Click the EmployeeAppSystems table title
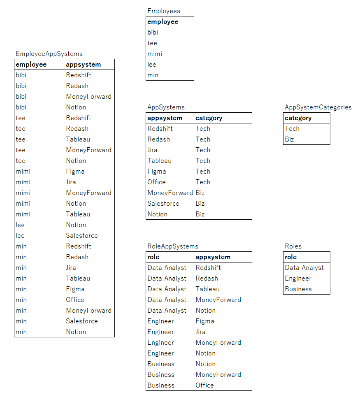click(49, 54)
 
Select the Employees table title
click(164, 11)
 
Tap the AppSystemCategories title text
click(318, 107)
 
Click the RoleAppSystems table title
click(173, 246)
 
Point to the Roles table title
click(293, 246)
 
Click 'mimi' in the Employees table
click(155, 54)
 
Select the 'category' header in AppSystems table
click(209, 118)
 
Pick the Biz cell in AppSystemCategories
click(289, 139)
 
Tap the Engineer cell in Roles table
click(298, 279)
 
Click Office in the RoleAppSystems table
click(204, 385)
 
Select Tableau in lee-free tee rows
click(78, 139)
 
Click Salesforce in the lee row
click(82, 236)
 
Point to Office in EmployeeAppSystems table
click(75, 300)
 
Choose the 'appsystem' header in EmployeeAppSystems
click(83, 65)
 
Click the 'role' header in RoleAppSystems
click(153, 257)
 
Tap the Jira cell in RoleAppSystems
click(200, 332)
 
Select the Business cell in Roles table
click(298, 289)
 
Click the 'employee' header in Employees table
click(163, 22)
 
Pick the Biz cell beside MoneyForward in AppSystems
click(200, 193)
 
